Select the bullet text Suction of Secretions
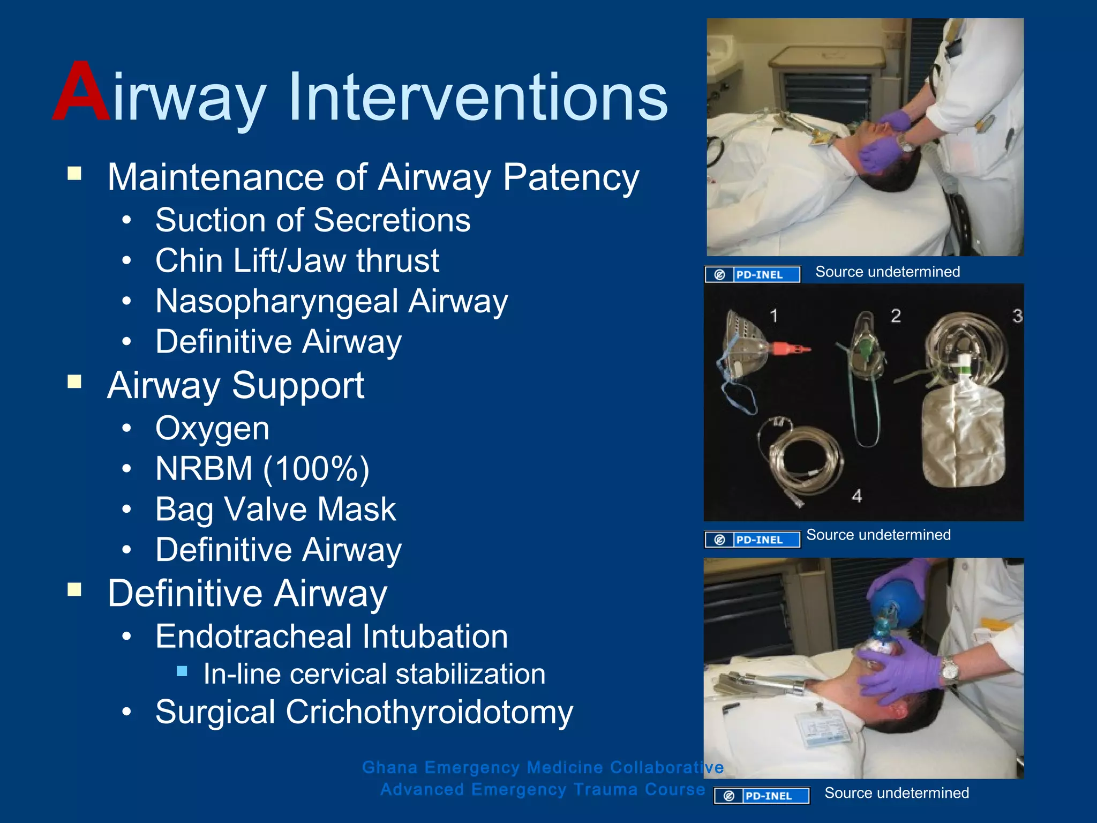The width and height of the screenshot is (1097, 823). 313,220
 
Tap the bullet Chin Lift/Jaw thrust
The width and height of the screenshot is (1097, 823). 297,261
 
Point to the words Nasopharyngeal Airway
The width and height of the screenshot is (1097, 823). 332,301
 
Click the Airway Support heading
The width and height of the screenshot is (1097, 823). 236,385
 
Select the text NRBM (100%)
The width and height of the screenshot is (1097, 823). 262,469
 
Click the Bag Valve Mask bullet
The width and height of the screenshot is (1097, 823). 275,509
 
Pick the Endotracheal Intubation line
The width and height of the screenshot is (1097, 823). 332,637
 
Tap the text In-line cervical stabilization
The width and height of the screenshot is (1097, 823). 374,674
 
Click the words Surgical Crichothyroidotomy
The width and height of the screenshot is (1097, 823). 364,712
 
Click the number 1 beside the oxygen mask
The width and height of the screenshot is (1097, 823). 773,316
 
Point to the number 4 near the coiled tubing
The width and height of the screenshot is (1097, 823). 857,496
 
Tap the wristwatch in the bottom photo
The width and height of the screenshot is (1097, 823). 949,670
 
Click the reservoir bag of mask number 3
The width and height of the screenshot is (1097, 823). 963,437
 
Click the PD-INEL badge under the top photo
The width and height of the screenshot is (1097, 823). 752,274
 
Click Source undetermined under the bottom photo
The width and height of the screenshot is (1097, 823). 897,793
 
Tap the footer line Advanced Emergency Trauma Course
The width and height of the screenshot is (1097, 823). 543,790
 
